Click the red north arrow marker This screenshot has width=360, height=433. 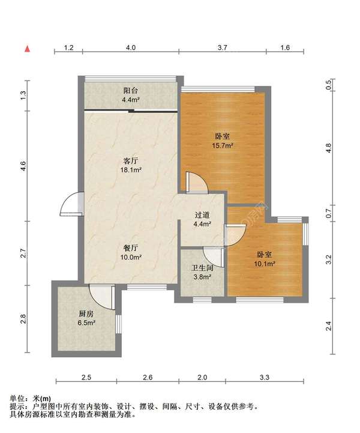click(28, 49)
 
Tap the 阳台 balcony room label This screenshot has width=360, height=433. click(130, 91)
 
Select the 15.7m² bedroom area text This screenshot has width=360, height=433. click(223, 145)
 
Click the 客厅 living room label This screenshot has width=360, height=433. click(130, 161)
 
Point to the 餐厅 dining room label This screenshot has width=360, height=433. click(130, 248)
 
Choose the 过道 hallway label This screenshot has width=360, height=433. click(202, 215)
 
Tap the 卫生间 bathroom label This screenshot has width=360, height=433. click(202, 268)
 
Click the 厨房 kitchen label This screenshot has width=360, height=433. click(86, 313)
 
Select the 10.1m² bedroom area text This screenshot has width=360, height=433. click(265, 264)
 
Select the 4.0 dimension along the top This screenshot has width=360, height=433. click(131, 47)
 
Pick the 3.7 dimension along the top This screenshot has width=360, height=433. click(223, 47)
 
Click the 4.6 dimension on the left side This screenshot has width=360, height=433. click(23, 166)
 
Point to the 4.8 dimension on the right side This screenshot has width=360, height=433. click(328, 148)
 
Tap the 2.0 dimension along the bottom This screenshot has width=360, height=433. click(202, 377)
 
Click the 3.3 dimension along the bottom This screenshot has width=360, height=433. click(265, 377)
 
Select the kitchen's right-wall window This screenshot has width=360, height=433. click(119, 324)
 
